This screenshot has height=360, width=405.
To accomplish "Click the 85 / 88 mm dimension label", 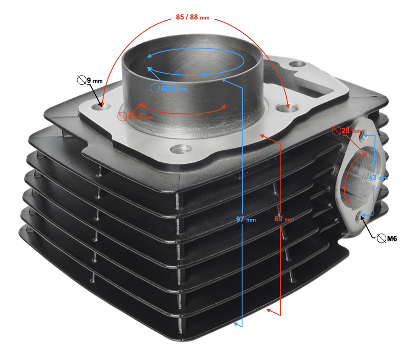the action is [193, 17].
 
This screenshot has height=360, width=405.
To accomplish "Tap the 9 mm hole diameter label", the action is [94, 81].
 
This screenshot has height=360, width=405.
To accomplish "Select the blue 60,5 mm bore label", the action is [174, 89].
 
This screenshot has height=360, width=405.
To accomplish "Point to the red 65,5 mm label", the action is [141, 117].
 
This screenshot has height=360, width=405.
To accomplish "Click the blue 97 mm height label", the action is [246, 220].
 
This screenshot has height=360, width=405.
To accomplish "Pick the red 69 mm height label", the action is [284, 219].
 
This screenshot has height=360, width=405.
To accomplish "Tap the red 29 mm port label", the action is [351, 131].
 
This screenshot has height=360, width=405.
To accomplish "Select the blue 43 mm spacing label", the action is [378, 178].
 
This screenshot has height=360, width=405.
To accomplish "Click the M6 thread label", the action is [392, 238].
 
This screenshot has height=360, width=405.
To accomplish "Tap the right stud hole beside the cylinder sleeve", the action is [288, 107].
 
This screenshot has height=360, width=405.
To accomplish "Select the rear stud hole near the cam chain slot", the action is [297, 63].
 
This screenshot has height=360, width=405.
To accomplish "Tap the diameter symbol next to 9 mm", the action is [81, 80].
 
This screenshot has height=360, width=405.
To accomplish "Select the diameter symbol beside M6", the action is [381, 238].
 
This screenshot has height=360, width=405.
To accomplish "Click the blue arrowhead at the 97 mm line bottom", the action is [236, 324].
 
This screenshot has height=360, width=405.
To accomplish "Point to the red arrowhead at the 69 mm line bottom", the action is [269, 310].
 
